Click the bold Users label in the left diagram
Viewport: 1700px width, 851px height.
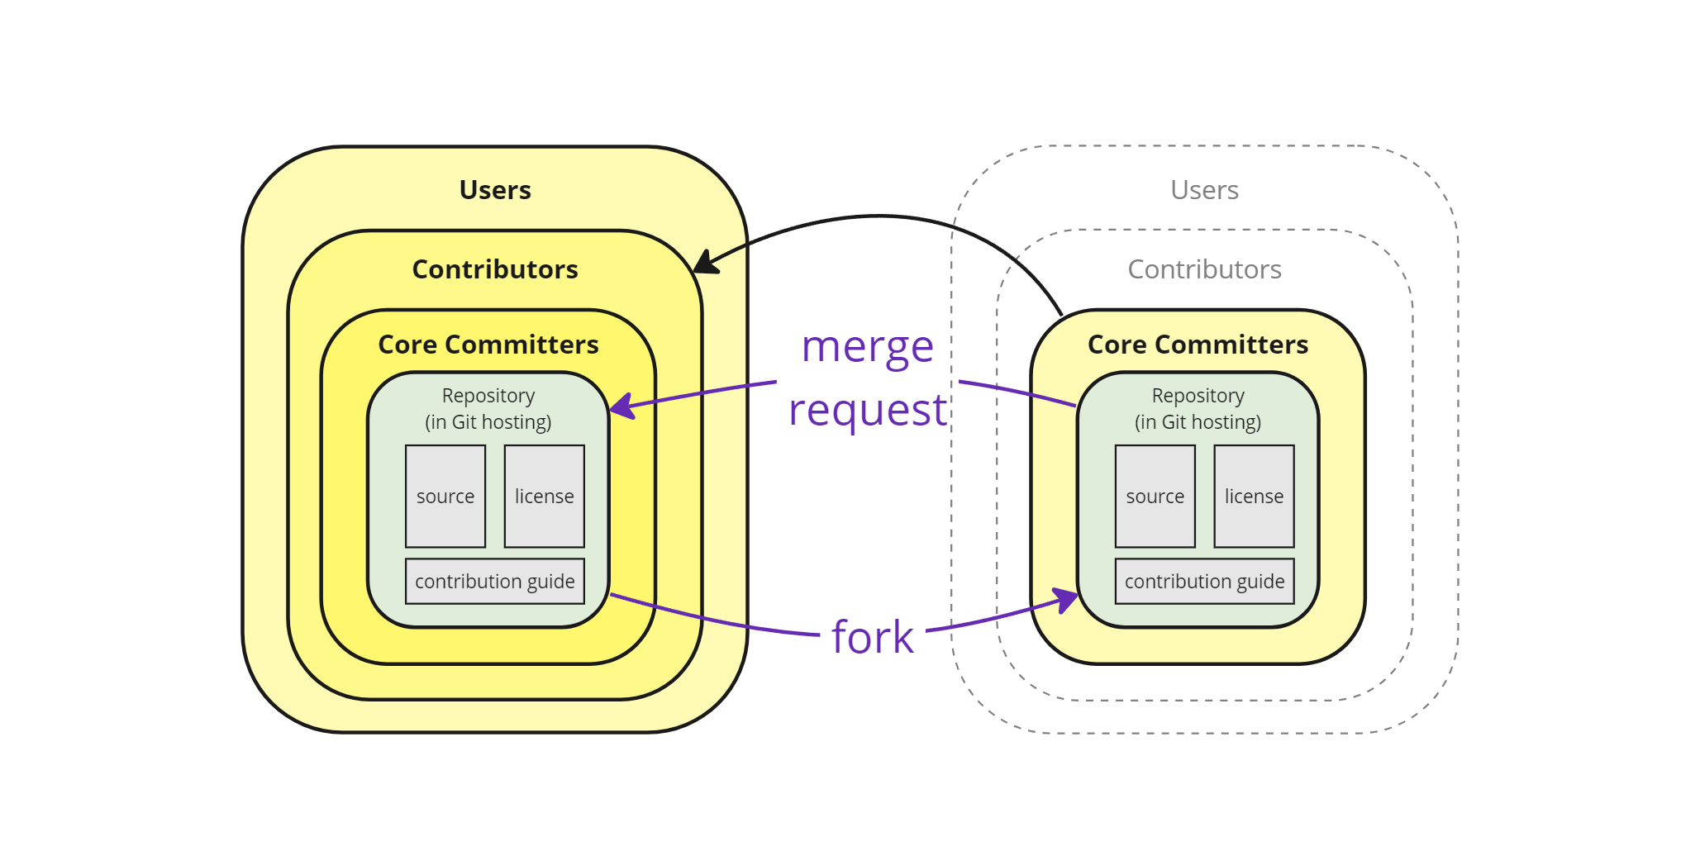pos(494,190)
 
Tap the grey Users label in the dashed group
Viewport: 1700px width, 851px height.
pos(1204,190)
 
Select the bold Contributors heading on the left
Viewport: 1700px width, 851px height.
pos(494,269)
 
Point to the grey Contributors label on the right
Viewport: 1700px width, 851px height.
pos(1204,269)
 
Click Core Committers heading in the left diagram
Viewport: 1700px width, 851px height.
pos(488,345)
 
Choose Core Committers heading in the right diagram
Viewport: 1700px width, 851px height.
pos(1198,345)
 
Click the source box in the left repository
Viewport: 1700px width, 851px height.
pos(445,496)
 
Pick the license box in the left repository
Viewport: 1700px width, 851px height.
pos(544,496)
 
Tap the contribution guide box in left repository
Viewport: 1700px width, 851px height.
pos(494,581)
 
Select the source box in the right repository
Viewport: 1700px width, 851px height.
pos(1155,496)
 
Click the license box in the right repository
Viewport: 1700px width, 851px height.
pos(1254,496)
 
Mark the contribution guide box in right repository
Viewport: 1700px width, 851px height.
pos(1204,581)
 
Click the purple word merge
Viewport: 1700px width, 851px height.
pos(867,347)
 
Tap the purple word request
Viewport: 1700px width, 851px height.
pos(867,410)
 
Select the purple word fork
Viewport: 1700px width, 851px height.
pos(872,637)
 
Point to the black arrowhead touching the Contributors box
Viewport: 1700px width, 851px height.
pos(704,264)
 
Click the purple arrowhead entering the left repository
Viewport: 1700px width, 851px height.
pos(621,406)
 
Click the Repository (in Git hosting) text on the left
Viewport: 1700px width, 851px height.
pos(488,408)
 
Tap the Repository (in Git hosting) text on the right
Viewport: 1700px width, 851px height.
pos(1198,408)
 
